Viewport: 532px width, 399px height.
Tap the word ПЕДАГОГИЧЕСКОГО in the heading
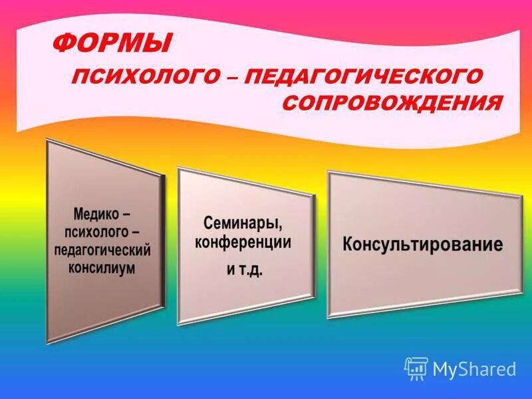click(362, 76)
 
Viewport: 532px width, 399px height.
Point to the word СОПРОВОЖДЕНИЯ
click(392, 104)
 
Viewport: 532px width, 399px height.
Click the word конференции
click(243, 243)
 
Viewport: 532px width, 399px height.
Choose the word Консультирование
click(422, 243)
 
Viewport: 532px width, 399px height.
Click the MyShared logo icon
click(416, 368)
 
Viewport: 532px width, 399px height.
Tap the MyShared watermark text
click(474, 369)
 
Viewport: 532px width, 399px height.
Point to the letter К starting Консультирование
click(348, 244)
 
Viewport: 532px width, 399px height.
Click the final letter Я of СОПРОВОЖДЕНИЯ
click(493, 104)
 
